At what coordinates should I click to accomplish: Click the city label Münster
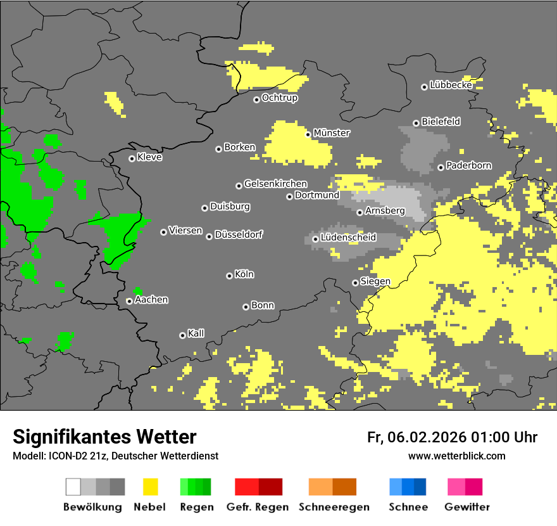coord(332,133)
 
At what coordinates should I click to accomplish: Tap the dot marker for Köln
coord(229,276)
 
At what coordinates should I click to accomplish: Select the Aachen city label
coord(151,300)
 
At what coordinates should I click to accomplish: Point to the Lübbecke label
coord(451,85)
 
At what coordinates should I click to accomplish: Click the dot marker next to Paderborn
coord(441,167)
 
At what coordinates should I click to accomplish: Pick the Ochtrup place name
coord(280,98)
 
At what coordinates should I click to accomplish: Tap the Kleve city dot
coord(132,158)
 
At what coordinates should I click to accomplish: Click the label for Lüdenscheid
coord(348,238)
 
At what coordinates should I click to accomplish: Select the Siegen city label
coord(375,281)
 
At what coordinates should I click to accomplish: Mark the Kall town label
coord(196,333)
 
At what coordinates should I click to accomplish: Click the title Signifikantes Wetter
coord(104,437)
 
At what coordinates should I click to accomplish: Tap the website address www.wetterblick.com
coord(456,456)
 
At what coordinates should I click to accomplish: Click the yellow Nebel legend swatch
coord(150,487)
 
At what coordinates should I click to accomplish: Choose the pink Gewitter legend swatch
coord(465,487)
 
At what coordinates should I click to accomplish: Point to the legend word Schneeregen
coord(334,507)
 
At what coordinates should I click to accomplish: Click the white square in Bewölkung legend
coord(73,487)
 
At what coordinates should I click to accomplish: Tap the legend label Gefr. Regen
coord(258,507)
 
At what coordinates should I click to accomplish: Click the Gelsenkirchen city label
coord(275,184)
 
